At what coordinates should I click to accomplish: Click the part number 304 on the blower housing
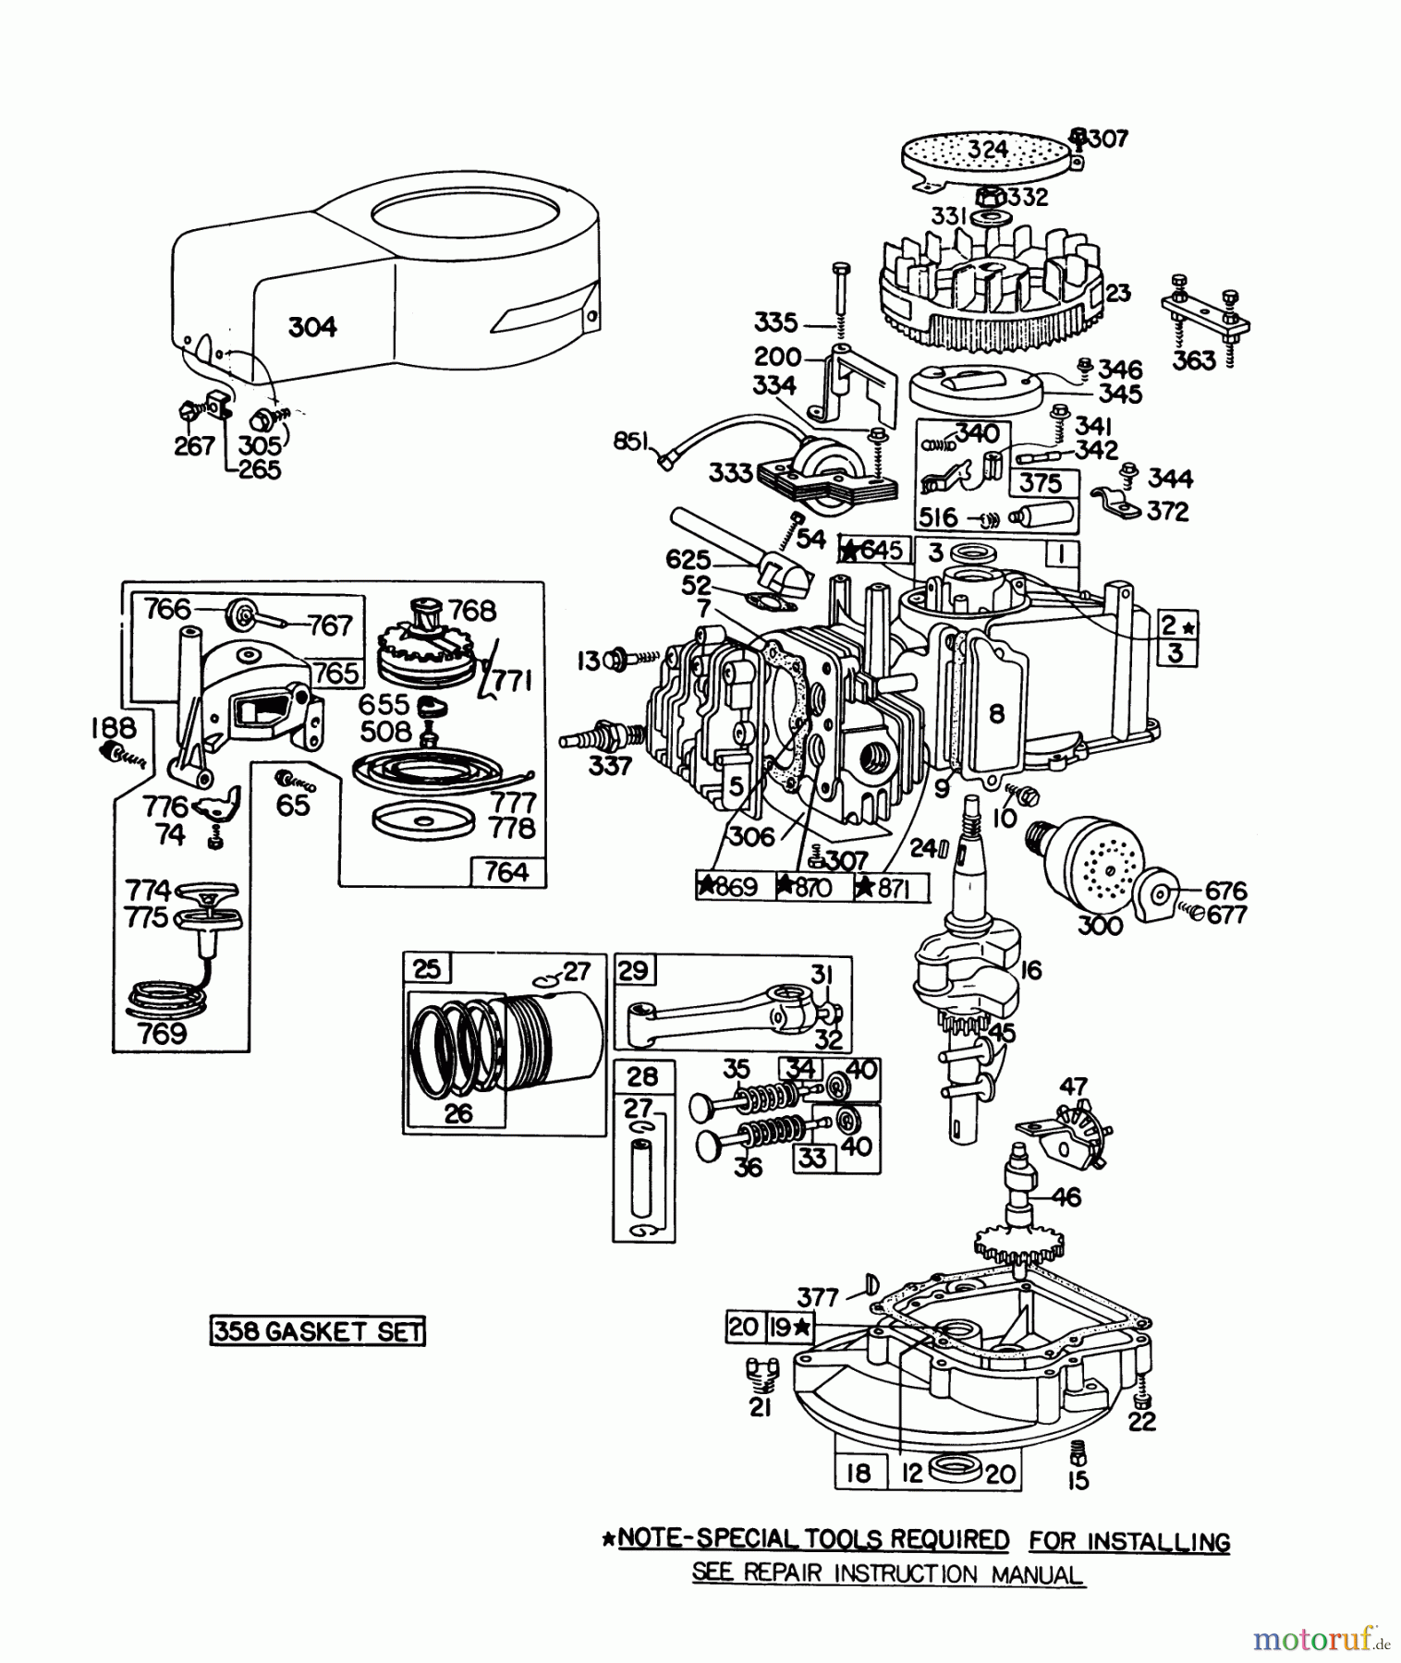pos(312,326)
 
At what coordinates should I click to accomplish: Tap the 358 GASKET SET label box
pos(317,1331)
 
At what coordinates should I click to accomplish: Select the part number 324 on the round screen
pos(988,148)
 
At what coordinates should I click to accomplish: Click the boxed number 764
pos(506,871)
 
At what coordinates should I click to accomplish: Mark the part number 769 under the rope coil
pos(162,1033)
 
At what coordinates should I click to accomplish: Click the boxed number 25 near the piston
pos(427,969)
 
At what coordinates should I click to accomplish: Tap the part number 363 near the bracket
pos(1193,359)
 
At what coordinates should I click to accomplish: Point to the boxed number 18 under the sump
pos(859,1472)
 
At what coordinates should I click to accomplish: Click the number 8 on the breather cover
pos(995,712)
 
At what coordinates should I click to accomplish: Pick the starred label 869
pos(728,887)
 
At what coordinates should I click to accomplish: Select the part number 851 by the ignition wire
pos(631,442)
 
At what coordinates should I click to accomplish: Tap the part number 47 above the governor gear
pos(1073,1086)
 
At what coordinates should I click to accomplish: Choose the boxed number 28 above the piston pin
pos(642,1075)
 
